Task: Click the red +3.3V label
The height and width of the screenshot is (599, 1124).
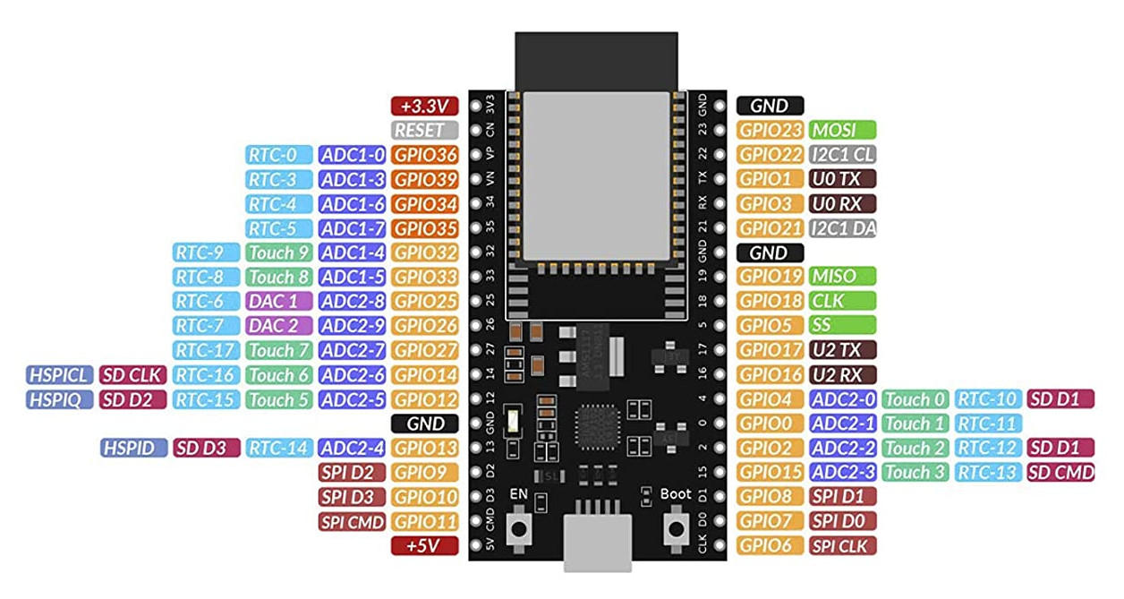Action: pyautogui.click(x=424, y=106)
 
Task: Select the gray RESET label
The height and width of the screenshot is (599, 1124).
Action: pyautogui.click(x=424, y=130)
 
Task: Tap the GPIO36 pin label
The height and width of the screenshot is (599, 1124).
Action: pyautogui.click(x=425, y=155)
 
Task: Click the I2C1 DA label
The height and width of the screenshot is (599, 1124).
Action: pyautogui.click(x=843, y=228)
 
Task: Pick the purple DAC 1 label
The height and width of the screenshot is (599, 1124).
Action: pyautogui.click(x=279, y=302)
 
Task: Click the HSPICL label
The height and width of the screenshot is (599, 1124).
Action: pyautogui.click(x=60, y=375)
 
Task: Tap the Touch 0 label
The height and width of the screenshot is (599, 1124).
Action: pyautogui.click(x=915, y=399)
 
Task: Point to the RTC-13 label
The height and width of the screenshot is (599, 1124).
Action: pyautogui.click(x=988, y=473)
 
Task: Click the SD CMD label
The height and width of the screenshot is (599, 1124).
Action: pyautogui.click(x=1061, y=473)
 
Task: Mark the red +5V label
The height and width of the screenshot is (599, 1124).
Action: pyautogui.click(x=424, y=546)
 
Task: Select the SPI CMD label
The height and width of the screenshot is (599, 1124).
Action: pyautogui.click(x=352, y=522)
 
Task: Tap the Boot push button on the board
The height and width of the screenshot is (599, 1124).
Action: pyautogui.click(x=676, y=528)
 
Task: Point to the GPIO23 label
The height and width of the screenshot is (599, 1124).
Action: pyautogui.click(x=771, y=130)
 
